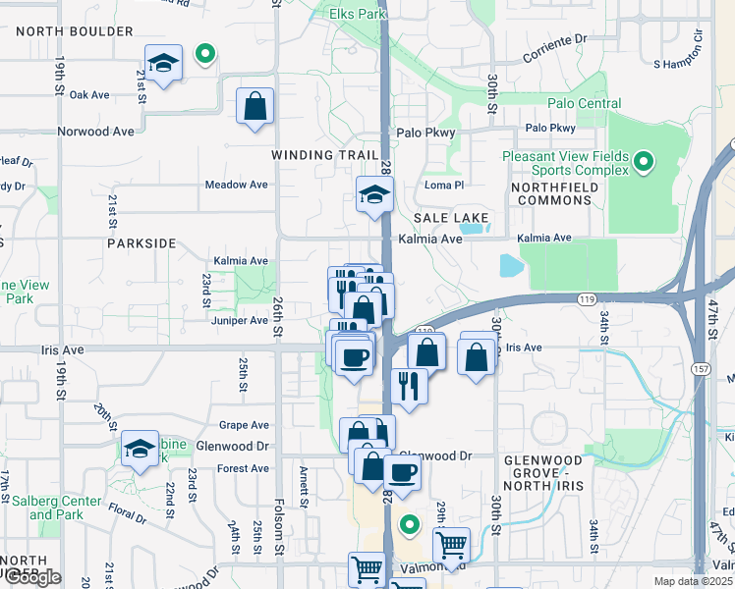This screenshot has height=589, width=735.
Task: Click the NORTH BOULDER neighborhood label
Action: pyautogui.click(x=74, y=31)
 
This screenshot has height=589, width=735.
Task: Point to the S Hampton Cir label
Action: pyautogui.click(x=679, y=63)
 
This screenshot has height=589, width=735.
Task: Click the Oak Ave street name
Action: pyautogui.click(x=88, y=94)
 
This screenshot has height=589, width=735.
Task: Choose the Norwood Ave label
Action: pyautogui.click(x=95, y=131)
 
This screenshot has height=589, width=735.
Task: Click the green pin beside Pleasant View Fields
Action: pyautogui.click(x=644, y=161)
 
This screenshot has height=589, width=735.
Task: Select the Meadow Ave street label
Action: pyautogui.click(x=236, y=185)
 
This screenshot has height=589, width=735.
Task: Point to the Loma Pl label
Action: pyautogui.click(x=442, y=185)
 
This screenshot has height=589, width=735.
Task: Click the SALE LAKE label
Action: pyautogui.click(x=451, y=217)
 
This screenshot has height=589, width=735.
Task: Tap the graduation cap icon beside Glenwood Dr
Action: pyautogui.click(x=141, y=451)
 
